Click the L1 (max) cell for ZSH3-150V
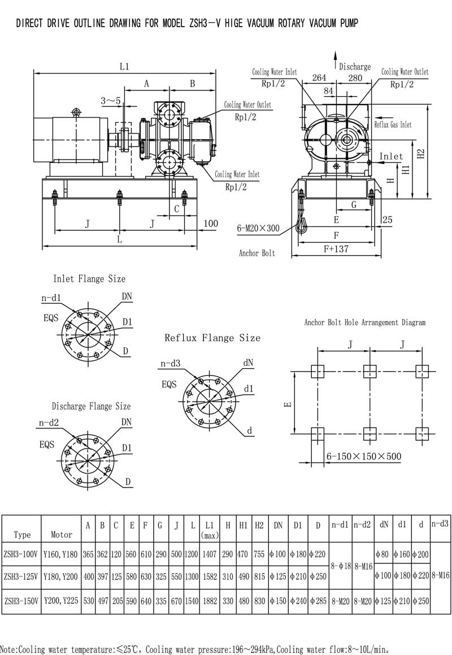coord(210,601)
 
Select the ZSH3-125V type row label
coord(21,576)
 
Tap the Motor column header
coord(62,535)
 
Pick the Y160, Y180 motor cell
coord(60,554)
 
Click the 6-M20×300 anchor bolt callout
coord(258,228)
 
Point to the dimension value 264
coord(319,77)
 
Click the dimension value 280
coord(355,77)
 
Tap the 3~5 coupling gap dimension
coord(111,100)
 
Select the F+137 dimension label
coord(336,249)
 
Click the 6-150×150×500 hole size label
coord(363,456)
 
